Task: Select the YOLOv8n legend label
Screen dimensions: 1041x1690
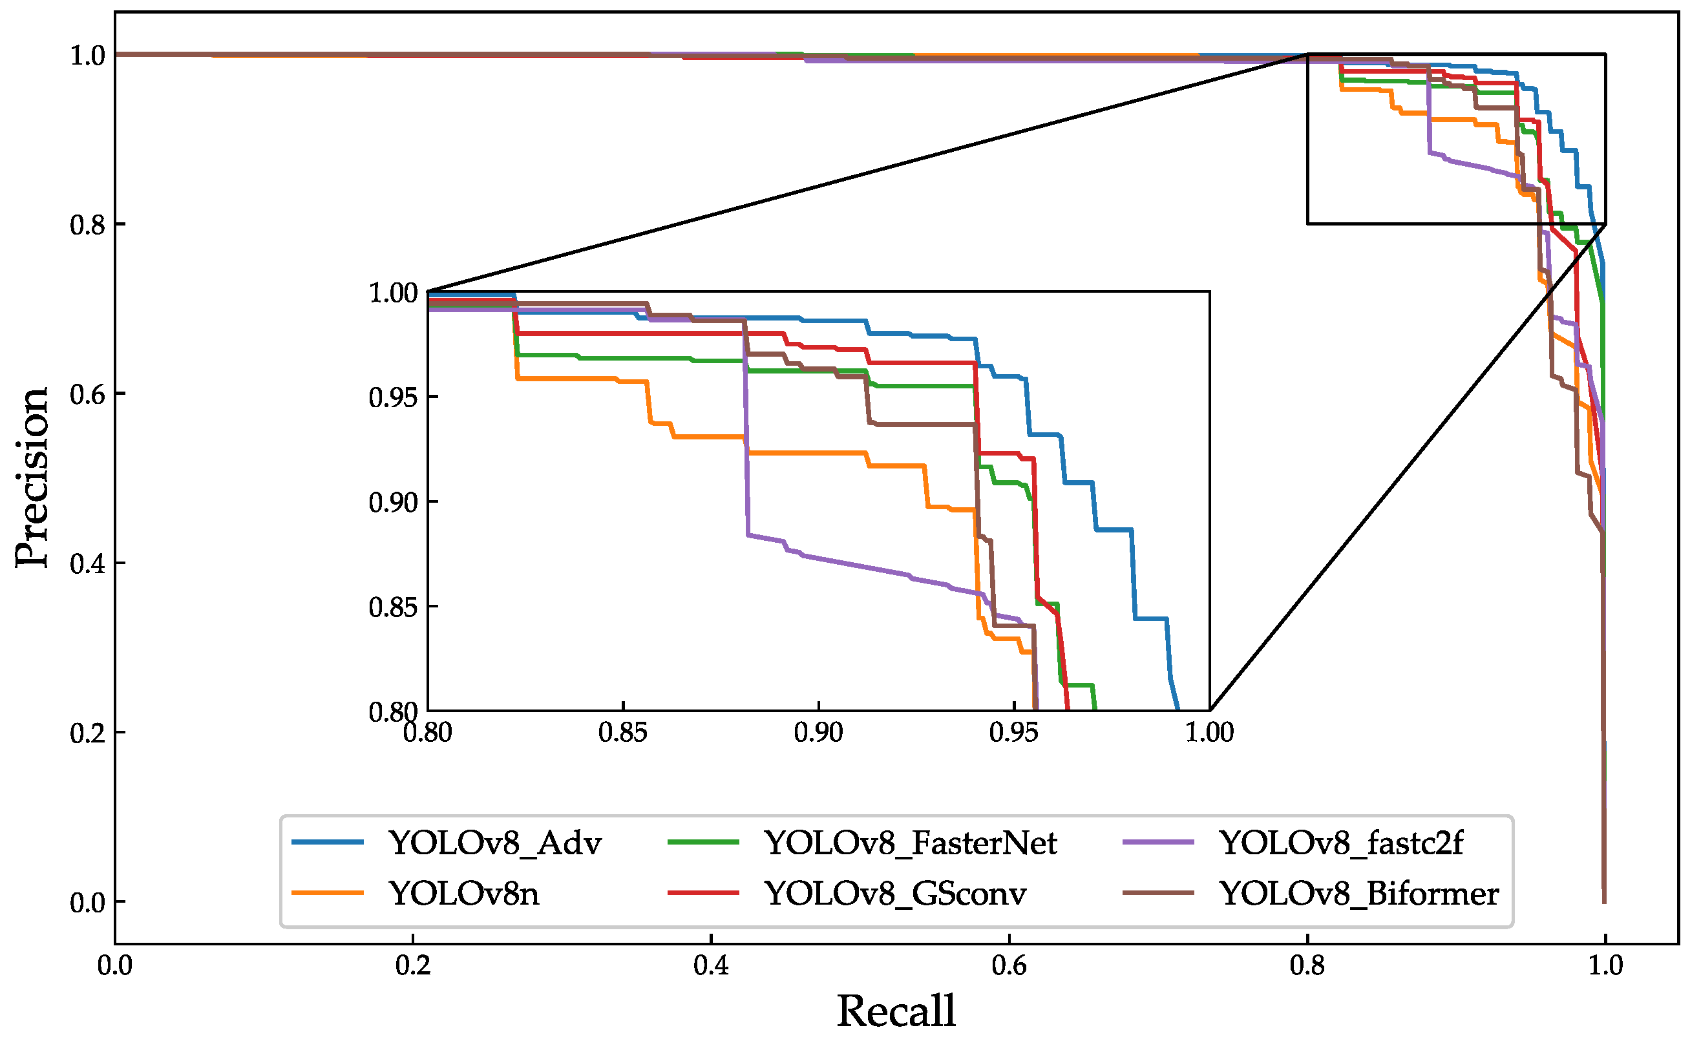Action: (x=464, y=894)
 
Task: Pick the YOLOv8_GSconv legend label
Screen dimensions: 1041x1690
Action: (x=895, y=894)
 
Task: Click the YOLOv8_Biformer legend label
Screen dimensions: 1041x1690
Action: (x=1359, y=894)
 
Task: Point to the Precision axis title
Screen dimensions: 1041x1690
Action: (x=32, y=478)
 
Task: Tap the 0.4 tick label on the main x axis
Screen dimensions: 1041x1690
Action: (x=710, y=966)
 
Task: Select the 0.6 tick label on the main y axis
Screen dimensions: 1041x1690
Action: (x=87, y=395)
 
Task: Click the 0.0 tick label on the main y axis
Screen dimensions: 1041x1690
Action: (x=87, y=903)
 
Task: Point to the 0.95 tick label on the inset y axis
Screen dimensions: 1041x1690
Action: (x=393, y=398)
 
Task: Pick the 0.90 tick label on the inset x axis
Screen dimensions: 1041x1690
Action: (x=818, y=733)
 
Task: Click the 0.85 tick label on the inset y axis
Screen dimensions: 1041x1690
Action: (x=393, y=608)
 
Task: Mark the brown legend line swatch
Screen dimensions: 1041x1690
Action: (x=1157, y=893)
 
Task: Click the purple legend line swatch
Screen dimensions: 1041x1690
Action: (x=1157, y=843)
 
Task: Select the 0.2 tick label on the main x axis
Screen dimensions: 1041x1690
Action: (x=412, y=966)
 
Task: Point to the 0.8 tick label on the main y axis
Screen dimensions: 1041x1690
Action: (x=87, y=225)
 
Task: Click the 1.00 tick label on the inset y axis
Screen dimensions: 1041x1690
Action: (x=393, y=293)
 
